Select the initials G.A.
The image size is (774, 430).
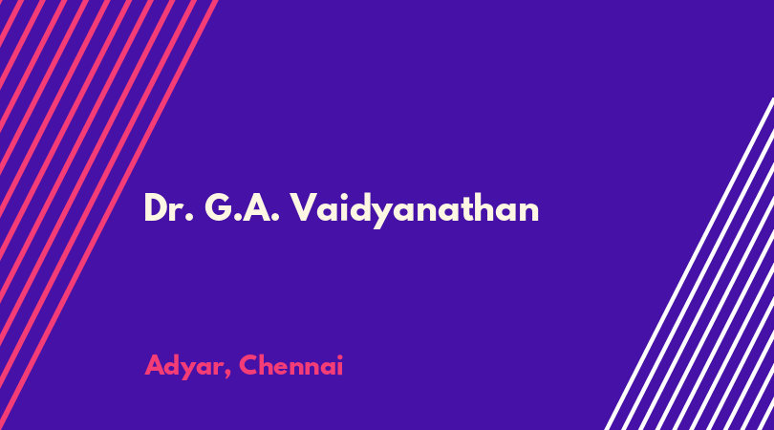(x=242, y=208)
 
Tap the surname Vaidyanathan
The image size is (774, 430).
(x=414, y=209)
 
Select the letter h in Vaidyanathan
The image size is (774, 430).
(x=494, y=206)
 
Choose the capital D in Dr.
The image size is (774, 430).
(x=156, y=208)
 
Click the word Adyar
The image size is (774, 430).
(x=184, y=366)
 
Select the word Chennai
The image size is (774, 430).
(x=290, y=365)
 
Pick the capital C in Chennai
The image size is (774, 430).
(x=249, y=365)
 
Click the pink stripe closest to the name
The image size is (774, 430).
(x=108, y=215)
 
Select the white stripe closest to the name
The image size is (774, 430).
(x=689, y=264)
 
